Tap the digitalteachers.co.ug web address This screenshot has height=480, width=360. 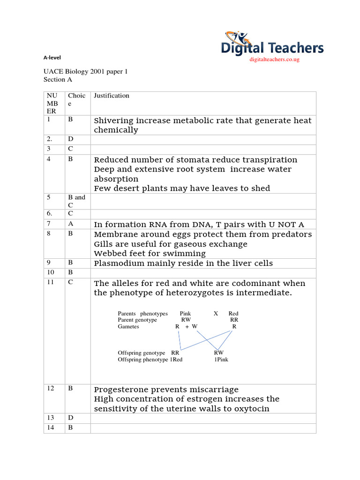pos(274,59)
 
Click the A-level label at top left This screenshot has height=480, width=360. pos(52,58)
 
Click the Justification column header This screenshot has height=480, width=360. pos(112,96)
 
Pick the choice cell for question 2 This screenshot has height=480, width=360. pos(70,139)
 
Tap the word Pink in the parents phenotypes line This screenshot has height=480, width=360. pos(185,314)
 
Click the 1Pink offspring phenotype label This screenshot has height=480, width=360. pos(221,360)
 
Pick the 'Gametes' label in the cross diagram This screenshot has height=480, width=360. pos(128,327)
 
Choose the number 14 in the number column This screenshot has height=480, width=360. pos(51,427)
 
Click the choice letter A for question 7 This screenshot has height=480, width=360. pos(70,224)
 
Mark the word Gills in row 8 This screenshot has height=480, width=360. pos(104,244)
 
